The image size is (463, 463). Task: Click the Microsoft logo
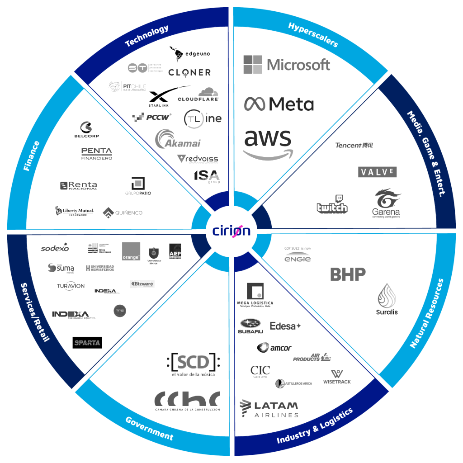tap(287, 65)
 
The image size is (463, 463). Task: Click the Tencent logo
tap(354, 146)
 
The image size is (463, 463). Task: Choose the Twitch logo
tap(332, 206)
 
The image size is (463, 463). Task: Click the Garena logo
tap(387, 203)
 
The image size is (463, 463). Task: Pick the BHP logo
tap(348, 275)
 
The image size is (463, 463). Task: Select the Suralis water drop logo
tap(387, 300)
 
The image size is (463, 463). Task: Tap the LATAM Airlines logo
tap(269, 409)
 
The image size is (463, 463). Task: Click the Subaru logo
tap(250, 326)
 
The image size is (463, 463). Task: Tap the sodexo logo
tap(55, 248)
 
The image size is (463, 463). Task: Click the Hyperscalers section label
tap(313, 35)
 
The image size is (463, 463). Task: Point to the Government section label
tap(149, 428)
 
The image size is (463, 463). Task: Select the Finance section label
tap(32, 156)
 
